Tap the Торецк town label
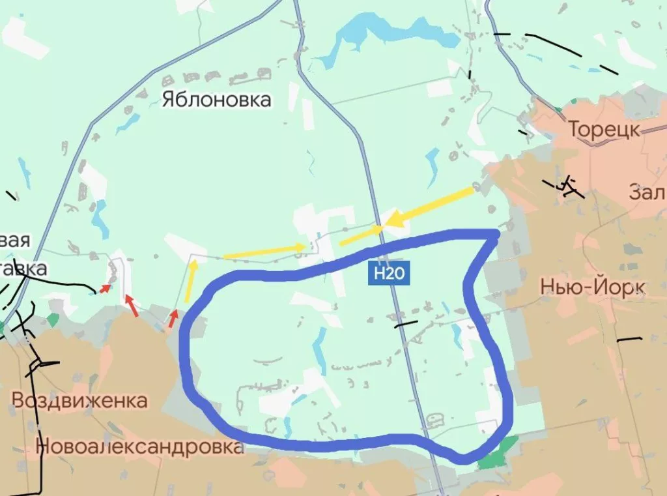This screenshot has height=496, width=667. pyautogui.click(x=604, y=129)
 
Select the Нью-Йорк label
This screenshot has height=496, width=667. pyautogui.click(x=593, y=287)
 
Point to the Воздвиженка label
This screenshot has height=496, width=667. pyautogui.click(x=79, y=400)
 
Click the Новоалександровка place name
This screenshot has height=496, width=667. pyautogui.click(x=139, y=446)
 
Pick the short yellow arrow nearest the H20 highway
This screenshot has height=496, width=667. pyautogui.click(x=361, y=235)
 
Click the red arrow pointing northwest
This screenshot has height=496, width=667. pyautogui.click(x=132, y=305)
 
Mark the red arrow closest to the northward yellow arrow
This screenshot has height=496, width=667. pyautogui.click(x=173, y=317)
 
